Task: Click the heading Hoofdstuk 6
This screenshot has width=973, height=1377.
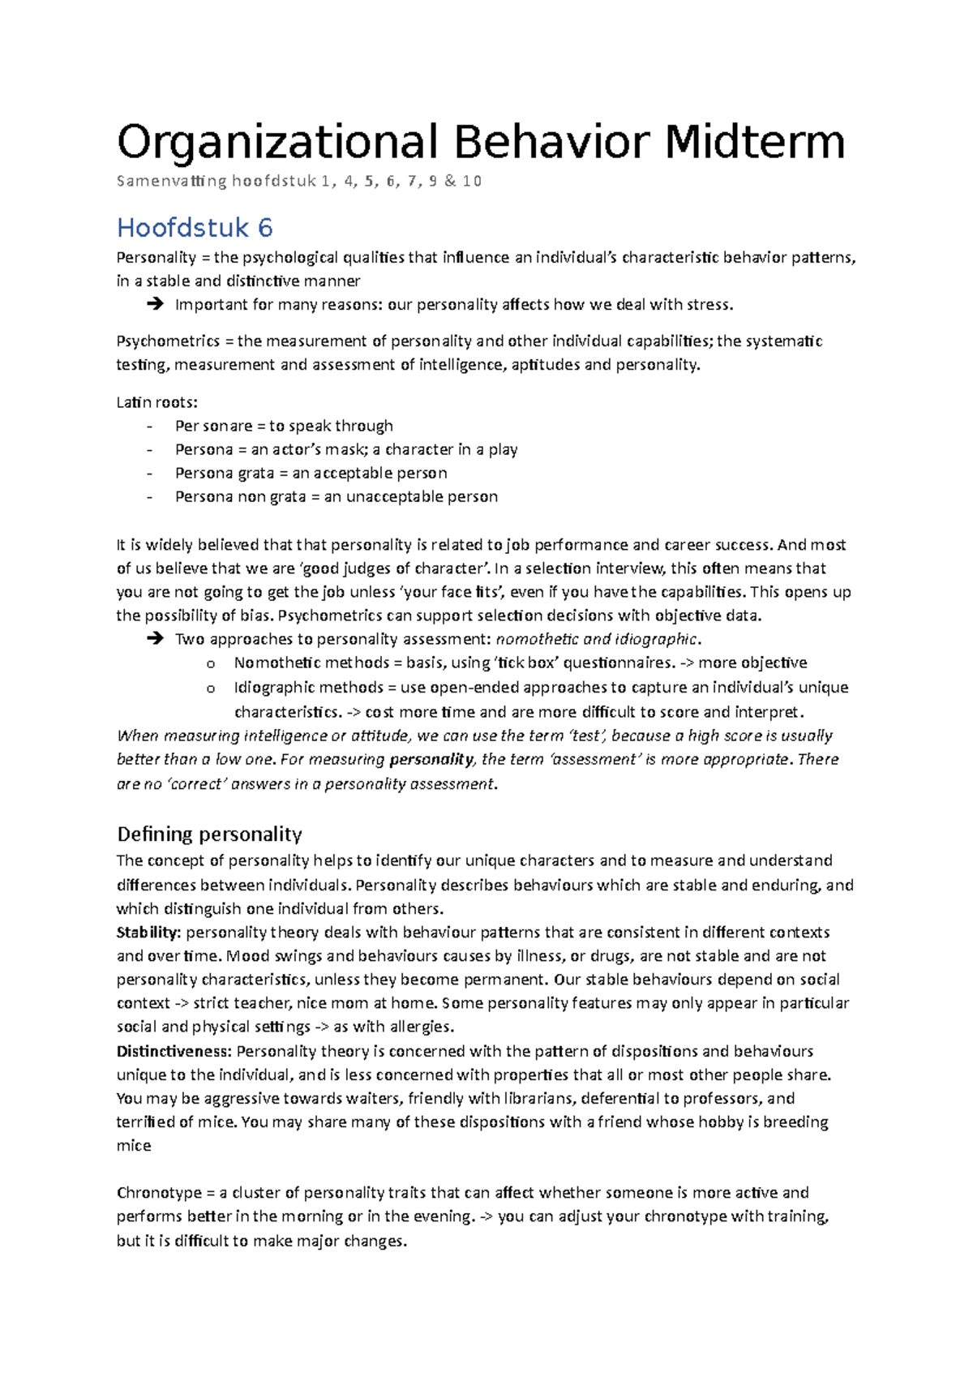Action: [x=195, y=227]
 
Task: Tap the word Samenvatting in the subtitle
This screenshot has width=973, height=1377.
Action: [x=171, y=181]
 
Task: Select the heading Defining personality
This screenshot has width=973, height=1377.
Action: [x=209, y=834]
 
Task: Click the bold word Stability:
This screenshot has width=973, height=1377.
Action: [x=148, y=932]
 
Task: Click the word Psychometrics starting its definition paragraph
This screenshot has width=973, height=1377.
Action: [x=168, y=341]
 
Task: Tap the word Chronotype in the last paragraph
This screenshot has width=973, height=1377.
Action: [x=159, y=1192]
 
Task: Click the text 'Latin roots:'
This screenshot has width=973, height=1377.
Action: [x=156, y=402]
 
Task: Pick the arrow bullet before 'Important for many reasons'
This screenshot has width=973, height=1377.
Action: [x=155, y=305]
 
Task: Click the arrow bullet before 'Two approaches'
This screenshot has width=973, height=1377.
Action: [x=155, y=639]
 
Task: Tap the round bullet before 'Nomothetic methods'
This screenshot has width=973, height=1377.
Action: [x=211, y=663]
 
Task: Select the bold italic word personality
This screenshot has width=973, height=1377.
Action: [x=431, y=759]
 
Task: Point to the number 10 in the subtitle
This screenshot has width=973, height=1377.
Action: [x=472, y=181]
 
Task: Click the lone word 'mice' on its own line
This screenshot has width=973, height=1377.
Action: [x=134, y=1145]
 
